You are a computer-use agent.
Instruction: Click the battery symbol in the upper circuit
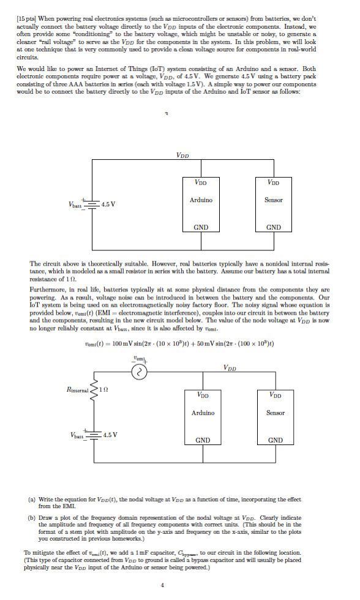click(x=92, y=204)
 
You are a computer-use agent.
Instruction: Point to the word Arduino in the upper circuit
click(x=201, y=200)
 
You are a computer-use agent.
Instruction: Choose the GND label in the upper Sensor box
click(x=274, y=227)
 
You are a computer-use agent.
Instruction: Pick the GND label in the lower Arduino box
click(x=203, y=440)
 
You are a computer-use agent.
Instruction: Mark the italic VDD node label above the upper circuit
click(x=182, y=156)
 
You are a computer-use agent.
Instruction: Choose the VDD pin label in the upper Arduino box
click(x=201, y=182)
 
